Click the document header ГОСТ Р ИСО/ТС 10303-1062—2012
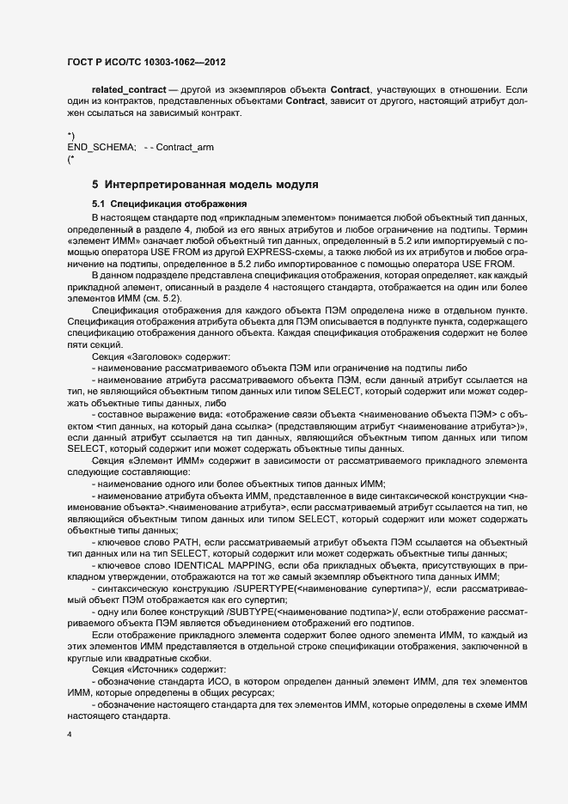pyautogui.click(x=147, y=63)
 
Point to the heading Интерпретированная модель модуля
pyautogui.click(x=212, y=185)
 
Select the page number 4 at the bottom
pyautogui.click(x=69, y=736)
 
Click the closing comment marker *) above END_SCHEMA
pyautogui.click(x=70, y=137)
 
